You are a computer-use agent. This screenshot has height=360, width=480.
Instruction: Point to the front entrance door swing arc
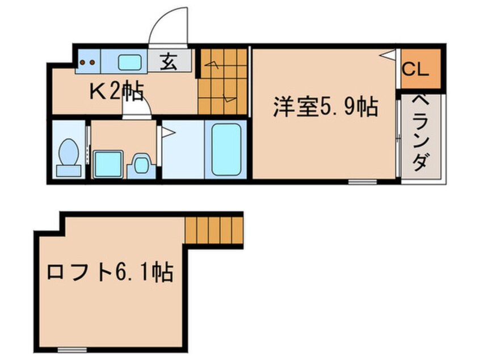click(x=167, y=27)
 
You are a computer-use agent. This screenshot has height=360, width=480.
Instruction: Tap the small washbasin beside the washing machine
click(x=140, y=165)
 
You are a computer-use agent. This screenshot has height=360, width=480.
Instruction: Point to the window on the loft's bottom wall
click(x=72, y=348)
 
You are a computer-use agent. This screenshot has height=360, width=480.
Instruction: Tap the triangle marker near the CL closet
click(x=388, y=56)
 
